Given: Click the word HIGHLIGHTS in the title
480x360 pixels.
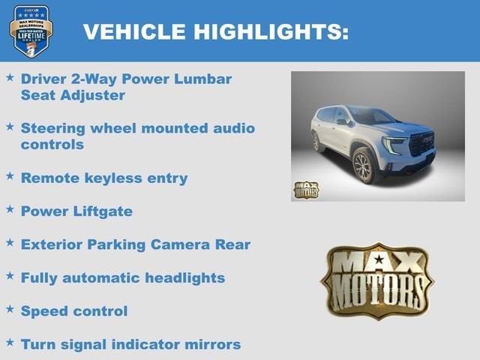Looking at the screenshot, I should (x=271, y=31).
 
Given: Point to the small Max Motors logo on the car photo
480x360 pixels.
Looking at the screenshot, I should (x=305, y=190).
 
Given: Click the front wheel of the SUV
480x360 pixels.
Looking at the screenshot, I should (x=364, y=166).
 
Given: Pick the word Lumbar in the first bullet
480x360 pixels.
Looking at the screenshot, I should (x=202, y=79).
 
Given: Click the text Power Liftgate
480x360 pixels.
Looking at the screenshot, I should (x=76, y=211).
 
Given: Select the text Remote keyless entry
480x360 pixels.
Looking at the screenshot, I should (x=104, y=178).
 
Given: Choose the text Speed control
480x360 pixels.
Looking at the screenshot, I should (x=74, y=310).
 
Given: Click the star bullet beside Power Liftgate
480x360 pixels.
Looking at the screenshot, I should (x=10, y=209).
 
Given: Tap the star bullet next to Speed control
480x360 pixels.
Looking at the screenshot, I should (x=10, y=308).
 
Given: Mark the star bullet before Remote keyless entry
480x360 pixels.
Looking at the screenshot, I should (x=10, y=176).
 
